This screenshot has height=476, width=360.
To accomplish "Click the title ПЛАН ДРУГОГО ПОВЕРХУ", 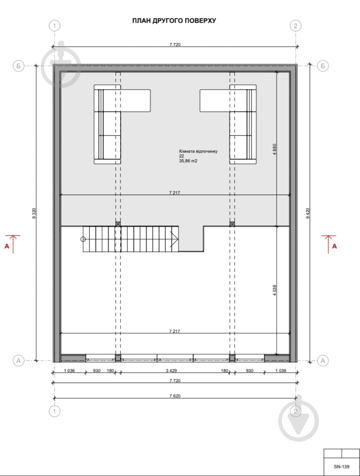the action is coord(174,20).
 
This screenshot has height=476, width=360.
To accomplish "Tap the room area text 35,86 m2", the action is coord(188,161).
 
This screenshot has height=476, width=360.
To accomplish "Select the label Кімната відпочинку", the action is coord(198,151).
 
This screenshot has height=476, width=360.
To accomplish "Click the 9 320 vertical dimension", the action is coord(34,213).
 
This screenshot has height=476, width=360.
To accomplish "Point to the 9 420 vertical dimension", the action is coord(308,213).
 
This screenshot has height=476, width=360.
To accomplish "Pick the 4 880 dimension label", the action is coord(275,149).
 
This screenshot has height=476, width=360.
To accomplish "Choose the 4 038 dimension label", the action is coord(275,290).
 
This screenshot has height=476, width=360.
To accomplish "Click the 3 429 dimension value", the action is coord(171,371).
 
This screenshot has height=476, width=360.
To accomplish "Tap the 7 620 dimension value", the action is coord(175,396).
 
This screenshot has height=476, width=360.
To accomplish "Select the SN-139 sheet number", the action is coord(342,467).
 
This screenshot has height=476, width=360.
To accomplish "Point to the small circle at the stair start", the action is coord(83,239).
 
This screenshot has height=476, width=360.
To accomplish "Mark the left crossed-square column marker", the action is coord(118,224).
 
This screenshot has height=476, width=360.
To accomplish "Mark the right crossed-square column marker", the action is coord(232,224).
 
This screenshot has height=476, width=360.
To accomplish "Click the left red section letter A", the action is coord(7,246).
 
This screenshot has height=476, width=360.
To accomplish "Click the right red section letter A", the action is coord(334,246).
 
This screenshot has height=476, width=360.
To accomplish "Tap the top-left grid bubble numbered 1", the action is coord(55,26).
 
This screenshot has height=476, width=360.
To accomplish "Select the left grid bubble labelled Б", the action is coord(18,66).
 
